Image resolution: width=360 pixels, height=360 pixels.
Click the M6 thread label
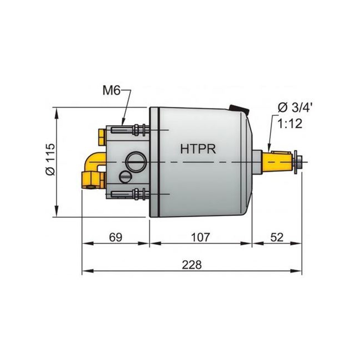pyautogui.click(x=111, y=91)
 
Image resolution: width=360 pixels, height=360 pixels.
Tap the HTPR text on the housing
pyautogui.click(x=198, y=149)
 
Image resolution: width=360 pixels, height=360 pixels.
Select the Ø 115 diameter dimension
pyautogui.click(x=50, y=159)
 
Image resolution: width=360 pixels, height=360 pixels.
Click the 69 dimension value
pyautogui.click(x=115, y=237)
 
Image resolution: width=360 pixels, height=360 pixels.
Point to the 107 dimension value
pyautogui.click(x=200, y=237)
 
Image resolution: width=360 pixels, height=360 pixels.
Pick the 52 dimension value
pyautogui.click(x=277, y=237)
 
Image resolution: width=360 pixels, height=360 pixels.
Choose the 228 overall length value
pyautogui.click(x=192, y=265)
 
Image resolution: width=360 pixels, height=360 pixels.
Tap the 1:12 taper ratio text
pyautogui.click(x=290, y=124)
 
